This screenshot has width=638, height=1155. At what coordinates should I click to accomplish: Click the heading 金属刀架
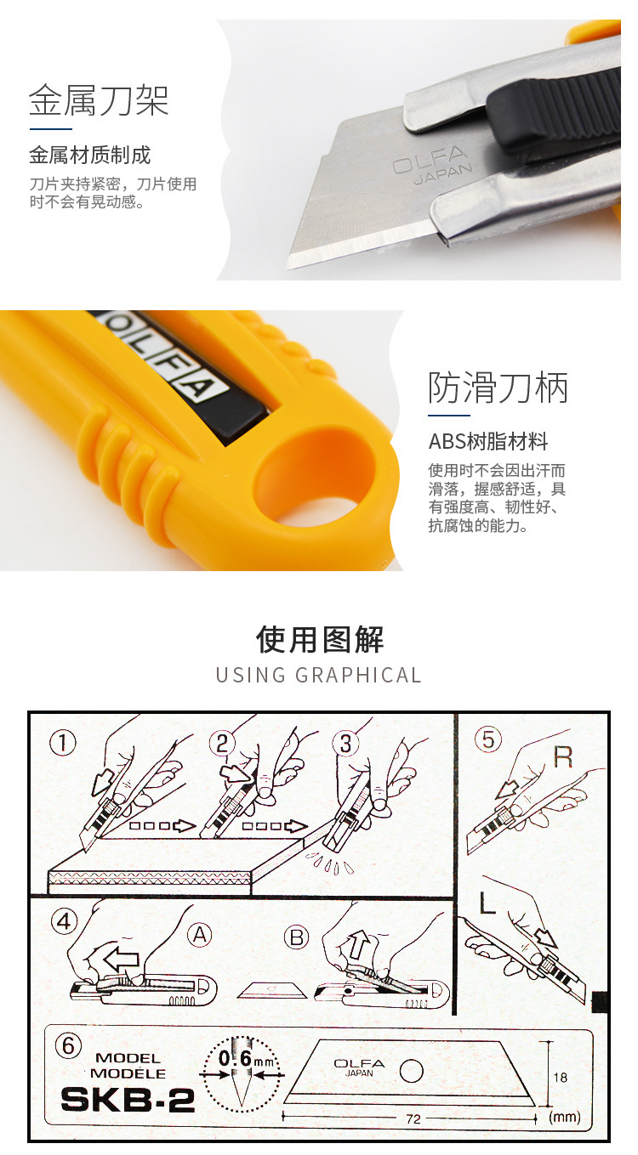tap(99, 100)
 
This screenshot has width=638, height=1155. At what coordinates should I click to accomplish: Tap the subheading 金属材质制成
tap(89, 156)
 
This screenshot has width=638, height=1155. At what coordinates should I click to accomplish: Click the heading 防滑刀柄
tap(498, 388)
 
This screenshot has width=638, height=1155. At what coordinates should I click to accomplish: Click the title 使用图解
tap(319, 640)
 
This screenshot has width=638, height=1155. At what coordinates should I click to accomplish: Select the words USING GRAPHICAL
tap(319, 676)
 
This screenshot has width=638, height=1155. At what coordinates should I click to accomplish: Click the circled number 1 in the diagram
tap(62, 743)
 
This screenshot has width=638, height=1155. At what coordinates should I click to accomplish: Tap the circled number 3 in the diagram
tap(345, 743)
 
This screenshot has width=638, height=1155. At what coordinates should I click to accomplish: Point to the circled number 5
tap(487, 739)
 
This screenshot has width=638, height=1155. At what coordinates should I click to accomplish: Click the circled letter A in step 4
tap(199, 935)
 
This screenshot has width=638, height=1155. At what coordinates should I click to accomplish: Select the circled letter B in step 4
tap(297, 937)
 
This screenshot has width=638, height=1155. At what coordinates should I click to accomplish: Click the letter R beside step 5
tap(562, 756)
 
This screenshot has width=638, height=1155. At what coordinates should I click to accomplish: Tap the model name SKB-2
tap(128, 1100)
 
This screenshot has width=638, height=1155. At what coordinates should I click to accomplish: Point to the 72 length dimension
tap(413, 1119)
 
